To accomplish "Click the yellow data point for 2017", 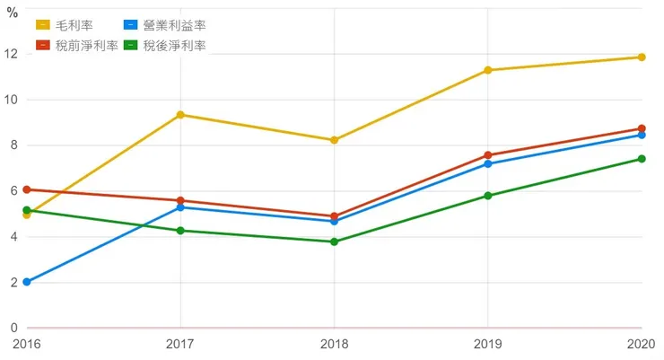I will [x=180, y=115].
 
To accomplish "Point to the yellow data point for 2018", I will [x=334, y=140].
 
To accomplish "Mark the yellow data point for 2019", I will [x=488, y=70].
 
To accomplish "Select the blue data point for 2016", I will [x=27, y=282].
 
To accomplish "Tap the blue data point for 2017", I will [x=180, y=207].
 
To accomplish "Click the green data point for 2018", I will [x=334, y=241].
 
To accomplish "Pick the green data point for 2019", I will [x=488, y=196].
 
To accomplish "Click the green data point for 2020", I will [x=642, y=159].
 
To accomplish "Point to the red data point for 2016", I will [x=27, y=189].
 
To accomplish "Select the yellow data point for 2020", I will [x=642, y=57].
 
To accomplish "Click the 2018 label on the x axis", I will [x=334, y=344].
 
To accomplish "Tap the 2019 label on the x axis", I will [x=488, y=344].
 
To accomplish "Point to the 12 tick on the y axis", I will [x=12, y=54].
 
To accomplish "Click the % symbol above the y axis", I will [x=13, y=13].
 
